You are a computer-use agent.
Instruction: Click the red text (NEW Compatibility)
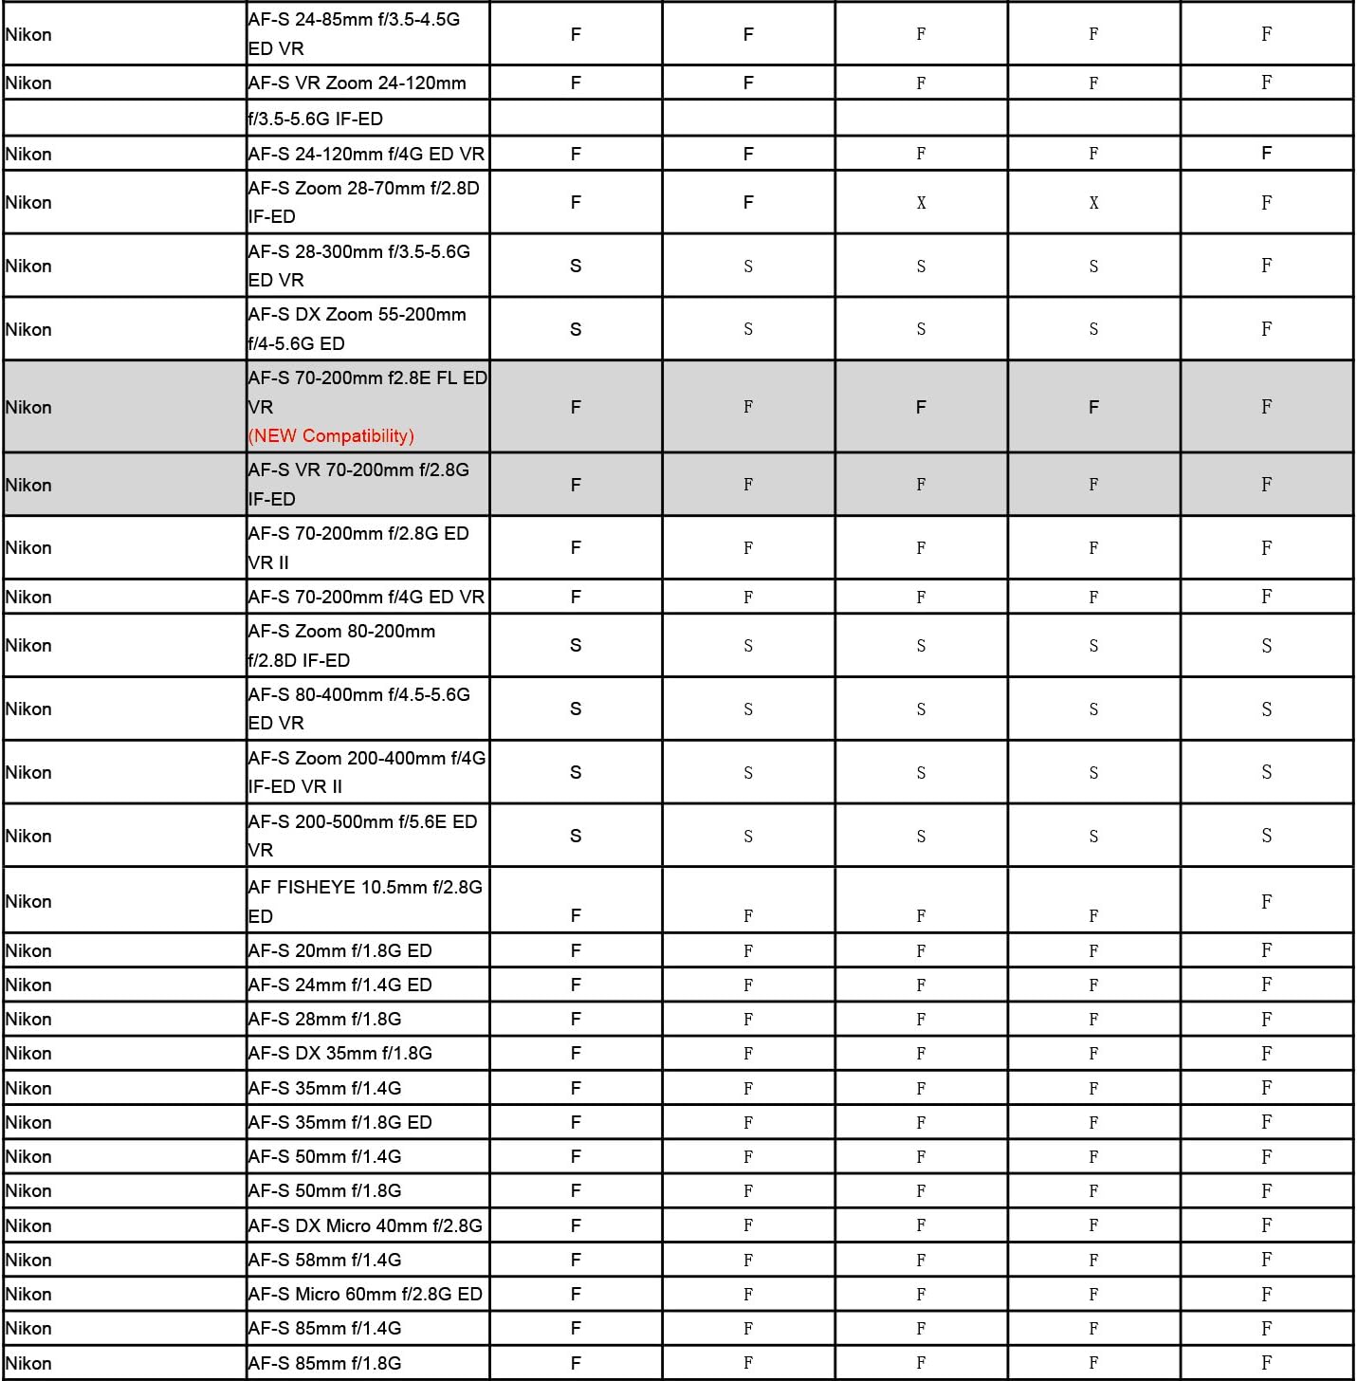[x=331, y=436]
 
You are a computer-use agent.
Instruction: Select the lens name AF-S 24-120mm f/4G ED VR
[x=366, y=154]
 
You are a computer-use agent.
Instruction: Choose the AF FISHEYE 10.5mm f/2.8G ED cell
[x=365, y=901]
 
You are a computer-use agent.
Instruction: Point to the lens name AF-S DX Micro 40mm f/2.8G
[x=365, y=1225]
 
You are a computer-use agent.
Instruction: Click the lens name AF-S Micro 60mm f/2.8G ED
[x=365, y=1294]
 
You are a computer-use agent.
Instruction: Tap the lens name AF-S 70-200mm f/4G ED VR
[x=366, y=597]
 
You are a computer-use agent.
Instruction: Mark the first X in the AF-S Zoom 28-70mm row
[x=921, y=203]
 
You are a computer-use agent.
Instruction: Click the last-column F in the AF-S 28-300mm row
[x=1266, y=266]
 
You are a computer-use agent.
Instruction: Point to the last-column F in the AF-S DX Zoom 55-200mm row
[x=1266, y=329]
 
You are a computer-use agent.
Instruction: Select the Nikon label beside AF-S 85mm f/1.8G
[x=28, y=1363]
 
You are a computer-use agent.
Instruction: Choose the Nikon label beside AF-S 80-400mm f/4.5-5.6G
[x=28, y=709]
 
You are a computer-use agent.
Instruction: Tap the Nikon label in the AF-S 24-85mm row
[x=28, y=34]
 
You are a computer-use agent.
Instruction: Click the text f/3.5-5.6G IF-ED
[x=315, y=119]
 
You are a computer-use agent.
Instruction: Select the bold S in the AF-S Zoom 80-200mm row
[x=576, y=646]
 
